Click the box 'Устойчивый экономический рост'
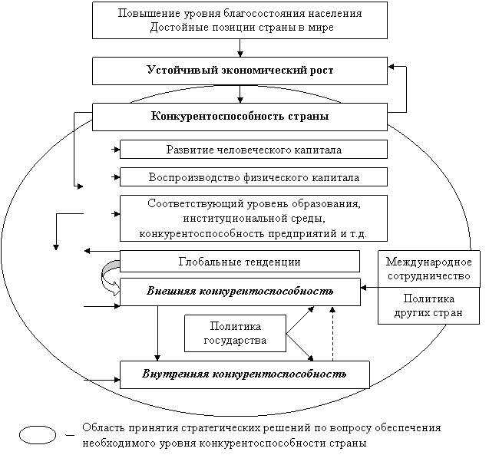pyautogui.click(x=240, y=71)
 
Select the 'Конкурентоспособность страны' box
pyautogui.click(x=240, y=117)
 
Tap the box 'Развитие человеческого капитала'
pyautogui.click(x=253, y=150)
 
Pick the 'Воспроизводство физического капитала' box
pyautogui.click(x=253, y=177)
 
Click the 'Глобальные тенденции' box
pyautogui.click(x=240, y=261)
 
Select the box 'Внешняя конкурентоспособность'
pyautogui.click(x=240, y=292)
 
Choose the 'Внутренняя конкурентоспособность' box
pyautogui.click(x=245, y=374)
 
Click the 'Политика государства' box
pyautogui.click(x=235, y=334)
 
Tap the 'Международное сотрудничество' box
pyautogui.click(x=429, y=269)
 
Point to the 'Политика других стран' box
pyautogui.click(x=429, y=305)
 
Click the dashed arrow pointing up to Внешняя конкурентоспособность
pyautogui.click(x=332, y=334)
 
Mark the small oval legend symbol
pyautogui.click(x=38, y=435)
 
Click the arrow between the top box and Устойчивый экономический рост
pyautogui.click(x=240, y=48)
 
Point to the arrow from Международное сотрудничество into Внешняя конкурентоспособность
pyautogui.click(x=369, y=288)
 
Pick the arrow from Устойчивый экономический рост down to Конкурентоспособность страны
pyautogui.click(x=240, y=94)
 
